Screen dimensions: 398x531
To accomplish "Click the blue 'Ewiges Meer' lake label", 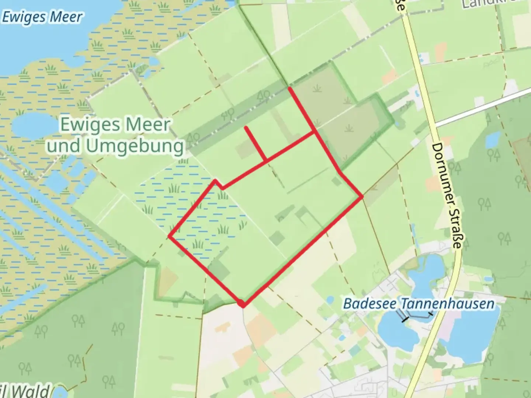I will [42, 17].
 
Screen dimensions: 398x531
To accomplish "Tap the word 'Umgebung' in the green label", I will [135, 146].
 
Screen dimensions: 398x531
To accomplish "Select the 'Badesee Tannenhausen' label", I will [419, 304].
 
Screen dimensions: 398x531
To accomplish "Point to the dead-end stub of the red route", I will [246, 128].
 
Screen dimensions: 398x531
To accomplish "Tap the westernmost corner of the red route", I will [170, 236].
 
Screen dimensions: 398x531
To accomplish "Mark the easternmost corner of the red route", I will [363, 197].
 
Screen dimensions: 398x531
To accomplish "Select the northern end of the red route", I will [289, 88].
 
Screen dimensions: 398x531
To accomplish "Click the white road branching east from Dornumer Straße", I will [483, 107].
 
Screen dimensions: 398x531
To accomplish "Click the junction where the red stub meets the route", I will [266, 161].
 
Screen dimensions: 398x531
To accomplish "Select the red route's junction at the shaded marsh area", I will [315, 132].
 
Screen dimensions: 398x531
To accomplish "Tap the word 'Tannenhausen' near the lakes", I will [447, 304].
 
